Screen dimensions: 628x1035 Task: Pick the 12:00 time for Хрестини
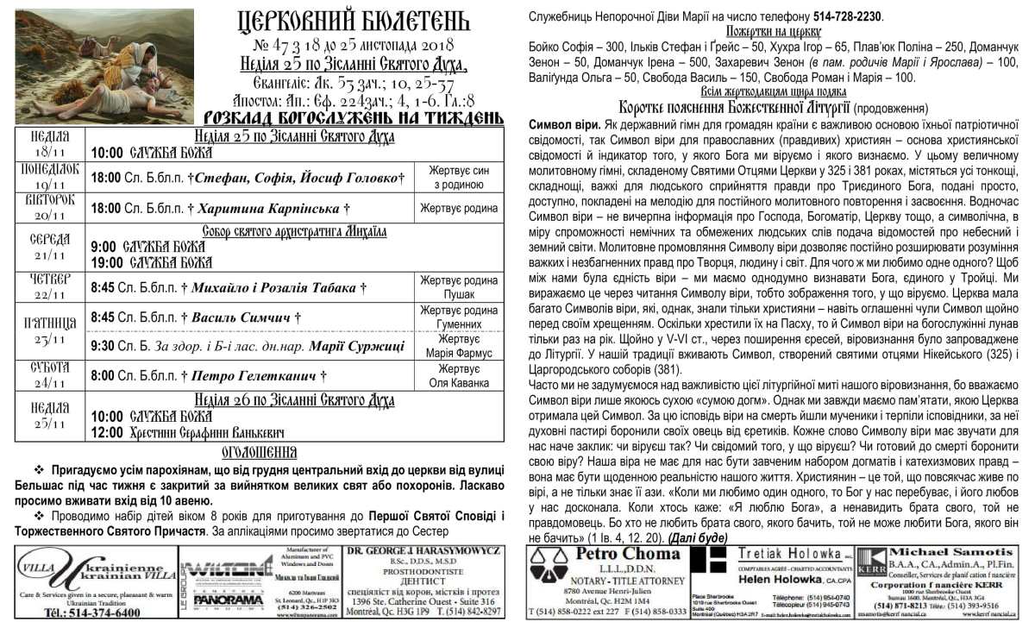pyautogui.click(x=107, y=433)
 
